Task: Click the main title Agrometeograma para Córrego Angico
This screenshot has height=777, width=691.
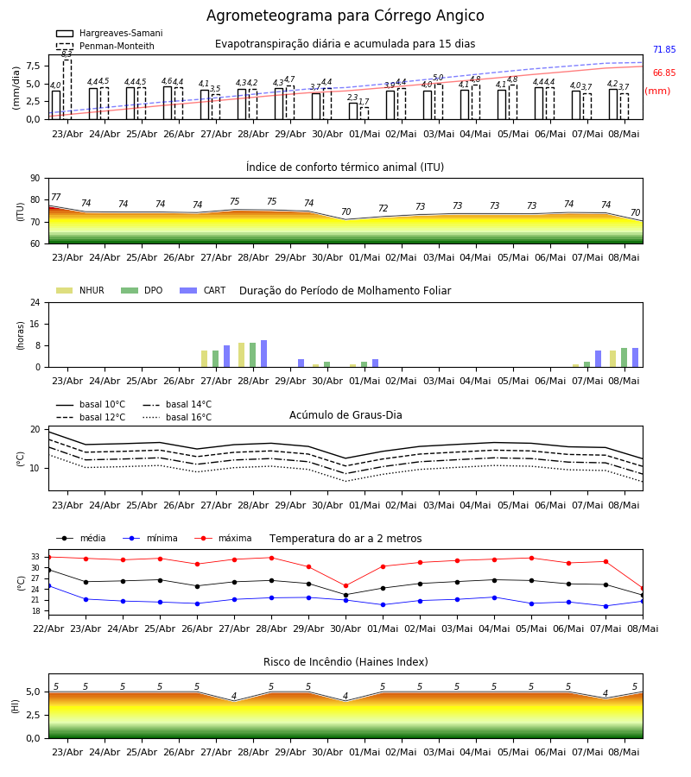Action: tap(345, 16)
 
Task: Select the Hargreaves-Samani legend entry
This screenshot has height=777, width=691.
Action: tap(109, 33)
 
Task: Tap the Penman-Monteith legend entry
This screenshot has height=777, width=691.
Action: tap(105, 46)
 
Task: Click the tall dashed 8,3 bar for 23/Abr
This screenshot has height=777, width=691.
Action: tap(67, 89)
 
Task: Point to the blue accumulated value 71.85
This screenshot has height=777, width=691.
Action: tap(664, 49)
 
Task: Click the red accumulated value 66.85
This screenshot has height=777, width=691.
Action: tap(664, 73)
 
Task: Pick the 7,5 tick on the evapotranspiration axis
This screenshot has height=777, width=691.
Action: tap(33, 66)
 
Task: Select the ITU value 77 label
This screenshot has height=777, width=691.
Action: tap(56, 197)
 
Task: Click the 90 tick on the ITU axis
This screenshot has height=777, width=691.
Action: tap(35, 179)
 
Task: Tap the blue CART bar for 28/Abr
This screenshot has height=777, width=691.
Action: tap(263, 354)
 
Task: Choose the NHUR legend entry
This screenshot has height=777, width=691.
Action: tap(80, 290)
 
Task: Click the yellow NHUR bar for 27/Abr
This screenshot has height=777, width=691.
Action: tap(204, 359)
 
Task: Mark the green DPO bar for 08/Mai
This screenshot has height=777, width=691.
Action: tap(624, 357)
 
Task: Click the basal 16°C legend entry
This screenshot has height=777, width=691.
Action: tap(177, 417)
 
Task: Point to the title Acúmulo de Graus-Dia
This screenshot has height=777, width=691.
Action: tap(345, 415)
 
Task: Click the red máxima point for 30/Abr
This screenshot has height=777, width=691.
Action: tap(346, 585)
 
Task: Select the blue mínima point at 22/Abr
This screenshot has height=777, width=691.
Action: tap(48, 585)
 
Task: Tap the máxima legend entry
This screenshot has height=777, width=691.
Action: tap(223, 538)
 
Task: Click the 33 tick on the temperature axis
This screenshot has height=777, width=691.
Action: tap(35, 557)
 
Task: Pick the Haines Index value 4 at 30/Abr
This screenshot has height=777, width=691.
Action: tap(345, 696)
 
